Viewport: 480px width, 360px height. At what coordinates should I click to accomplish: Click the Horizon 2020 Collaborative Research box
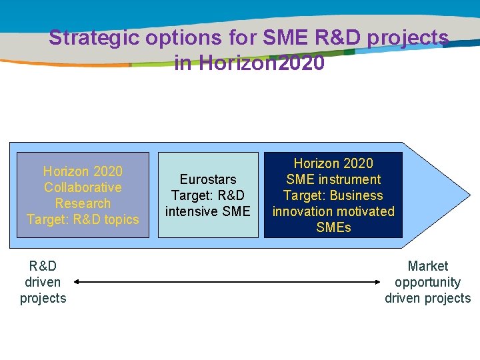coord(82,195)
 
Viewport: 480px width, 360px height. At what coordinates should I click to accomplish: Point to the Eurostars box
coord(207,195)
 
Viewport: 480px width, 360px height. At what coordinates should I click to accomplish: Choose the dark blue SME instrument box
coord(333,195)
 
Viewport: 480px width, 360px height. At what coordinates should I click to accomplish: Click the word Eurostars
coord(207,179)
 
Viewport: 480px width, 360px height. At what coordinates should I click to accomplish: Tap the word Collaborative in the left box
coord(83,187)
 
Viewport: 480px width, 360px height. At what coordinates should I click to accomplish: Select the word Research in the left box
coord(83,203)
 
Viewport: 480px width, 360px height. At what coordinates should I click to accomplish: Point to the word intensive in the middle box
coord(193,211)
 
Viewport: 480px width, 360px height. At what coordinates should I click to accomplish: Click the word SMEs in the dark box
coord(333,227)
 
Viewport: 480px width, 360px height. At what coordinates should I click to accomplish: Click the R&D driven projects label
coord(43,282)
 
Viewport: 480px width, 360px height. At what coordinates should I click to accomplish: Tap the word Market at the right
coord(428,266)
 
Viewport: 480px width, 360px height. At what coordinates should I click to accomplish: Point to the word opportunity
coord(428,282)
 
